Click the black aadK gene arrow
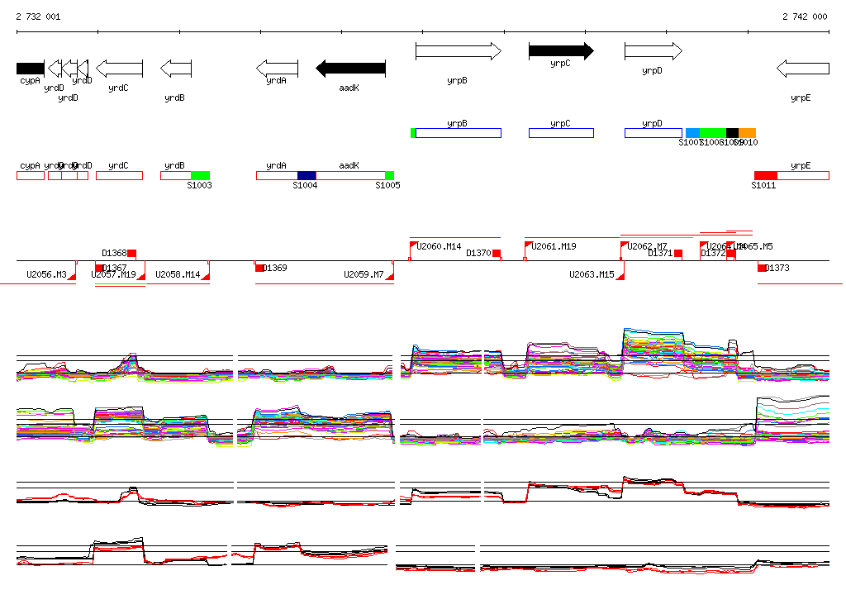[351, 68]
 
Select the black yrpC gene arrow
[561, 51]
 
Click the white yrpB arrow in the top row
[458, 51]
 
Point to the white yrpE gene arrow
[802, 68]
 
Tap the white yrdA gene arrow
[278, 68]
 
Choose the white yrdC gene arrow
[120, 68]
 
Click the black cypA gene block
[30, 68]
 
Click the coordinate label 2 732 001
[38, 17]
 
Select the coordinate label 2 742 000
[805, 17]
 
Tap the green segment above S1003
[200, 175]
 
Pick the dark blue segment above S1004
[307, 175]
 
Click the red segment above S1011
[766, 175]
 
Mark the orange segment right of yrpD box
[747, 133]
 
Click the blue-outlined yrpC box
[561, 133]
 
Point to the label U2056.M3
[46, 274]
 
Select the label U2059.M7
[364, 274]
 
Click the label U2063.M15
[592, 274]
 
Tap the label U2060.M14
[439, 246]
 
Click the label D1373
[777, 268]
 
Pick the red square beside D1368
[131, 253]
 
